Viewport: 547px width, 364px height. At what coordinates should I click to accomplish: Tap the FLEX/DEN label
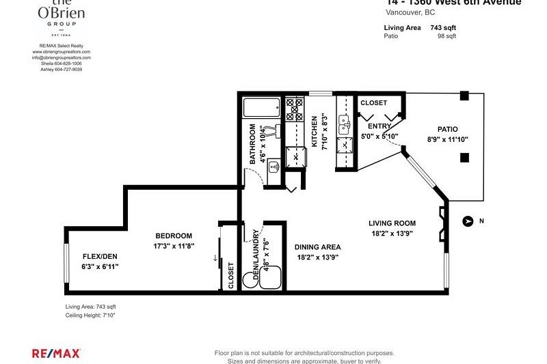click(96, 256)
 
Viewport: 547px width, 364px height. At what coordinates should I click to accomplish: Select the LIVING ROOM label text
click(392, 223)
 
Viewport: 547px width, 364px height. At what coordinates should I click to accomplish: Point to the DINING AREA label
click(317, 247)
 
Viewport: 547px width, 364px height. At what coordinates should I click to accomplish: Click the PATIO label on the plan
click(447, 129)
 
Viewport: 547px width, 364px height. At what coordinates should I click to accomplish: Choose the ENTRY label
click(379, 126)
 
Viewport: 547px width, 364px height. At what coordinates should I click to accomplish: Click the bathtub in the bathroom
click(262, 108)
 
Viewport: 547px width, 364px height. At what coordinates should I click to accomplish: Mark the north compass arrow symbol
click(468, 221)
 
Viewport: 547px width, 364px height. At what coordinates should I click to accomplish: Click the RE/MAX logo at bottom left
click(57, 353)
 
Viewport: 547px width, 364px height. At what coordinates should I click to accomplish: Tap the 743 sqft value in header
click(442, 27)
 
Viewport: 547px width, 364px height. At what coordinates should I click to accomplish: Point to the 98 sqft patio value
click(446, 36)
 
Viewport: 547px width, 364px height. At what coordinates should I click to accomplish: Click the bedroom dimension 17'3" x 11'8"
click(174, 246)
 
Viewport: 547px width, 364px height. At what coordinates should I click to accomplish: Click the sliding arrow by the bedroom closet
click(215, 258)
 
